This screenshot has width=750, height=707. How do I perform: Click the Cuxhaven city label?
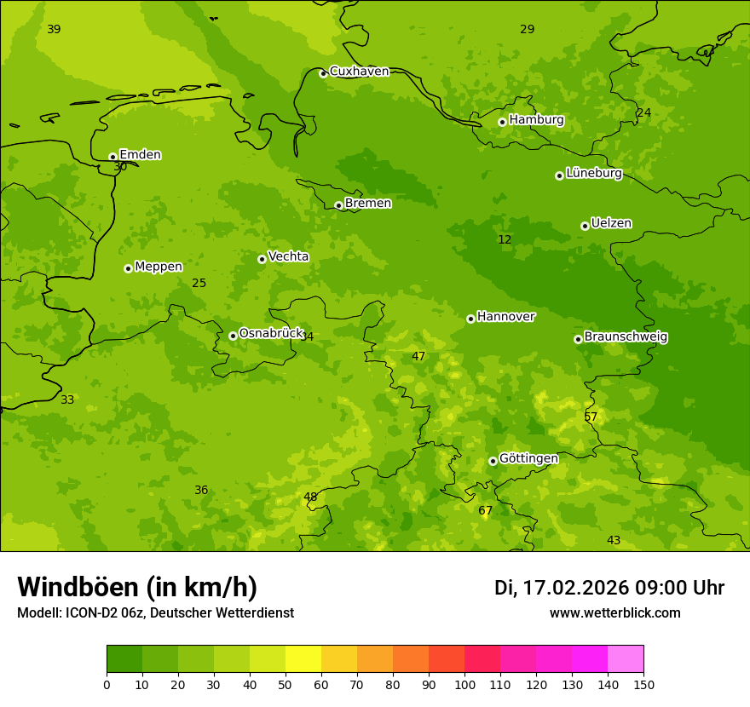click(x=359, y=72)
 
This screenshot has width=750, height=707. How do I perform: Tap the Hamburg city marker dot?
click(x=502, y=122)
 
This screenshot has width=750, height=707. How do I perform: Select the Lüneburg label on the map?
click(x=593, y=174)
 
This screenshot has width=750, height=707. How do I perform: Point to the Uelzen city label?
click(x=611, y=224)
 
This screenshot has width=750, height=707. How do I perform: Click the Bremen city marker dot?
click(x=338, y=205)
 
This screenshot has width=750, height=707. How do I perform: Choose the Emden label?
click(x=140, y=155)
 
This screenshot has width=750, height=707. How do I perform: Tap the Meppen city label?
click(x=158, y=267)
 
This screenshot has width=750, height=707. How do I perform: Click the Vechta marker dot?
click(x=262, y=259)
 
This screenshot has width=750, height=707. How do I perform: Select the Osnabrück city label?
click(x=271, y=334)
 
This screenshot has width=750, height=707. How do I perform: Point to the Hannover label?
click(x=505, y=317)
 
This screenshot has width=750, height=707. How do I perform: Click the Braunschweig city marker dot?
click(x=578, y=339)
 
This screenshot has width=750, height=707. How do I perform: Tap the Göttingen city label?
click(x=528, y=459)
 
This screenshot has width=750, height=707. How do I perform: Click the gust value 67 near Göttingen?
click(x=485, y=511)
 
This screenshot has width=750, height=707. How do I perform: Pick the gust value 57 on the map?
click(x=591, y=417)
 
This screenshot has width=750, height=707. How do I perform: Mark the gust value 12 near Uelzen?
click(x=505, y=240)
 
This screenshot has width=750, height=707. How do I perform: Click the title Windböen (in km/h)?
click(x=137, y=588)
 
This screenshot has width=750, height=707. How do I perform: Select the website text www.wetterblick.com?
click(x=614, y=613)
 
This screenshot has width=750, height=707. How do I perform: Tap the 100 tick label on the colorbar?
click(x=464, y=684)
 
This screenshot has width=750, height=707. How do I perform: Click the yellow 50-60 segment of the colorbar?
click(x=303, y=659)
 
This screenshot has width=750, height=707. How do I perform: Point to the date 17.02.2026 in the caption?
click(x=575, y=588)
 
